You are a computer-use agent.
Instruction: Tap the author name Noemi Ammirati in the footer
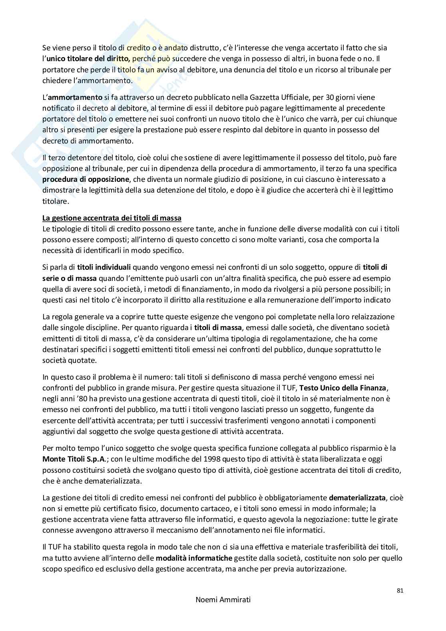tap(223, 599)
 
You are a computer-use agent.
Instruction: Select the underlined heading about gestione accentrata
tap(112, 218)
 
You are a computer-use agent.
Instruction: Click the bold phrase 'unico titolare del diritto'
tap(88, 59)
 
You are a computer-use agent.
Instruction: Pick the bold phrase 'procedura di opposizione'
tap(86, 179)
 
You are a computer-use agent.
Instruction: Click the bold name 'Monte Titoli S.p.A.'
tap(73, 459)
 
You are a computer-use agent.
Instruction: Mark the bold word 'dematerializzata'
tap(357, 498)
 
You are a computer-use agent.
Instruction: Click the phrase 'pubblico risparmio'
tap(359, 448)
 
